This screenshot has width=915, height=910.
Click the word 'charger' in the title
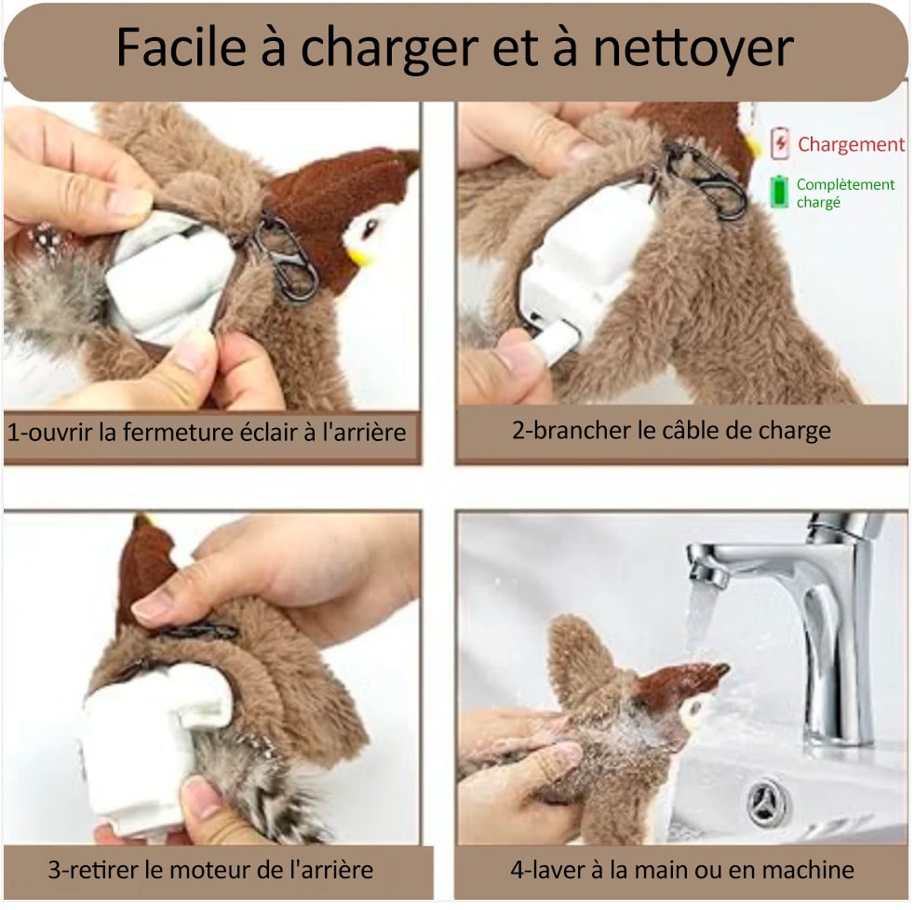point(413,49)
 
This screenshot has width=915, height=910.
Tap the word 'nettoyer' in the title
point(693,49)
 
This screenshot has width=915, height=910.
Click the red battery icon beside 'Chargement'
point(779,144)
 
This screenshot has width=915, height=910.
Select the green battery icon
point(778,193)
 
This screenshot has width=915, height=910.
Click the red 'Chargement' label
point(850,144)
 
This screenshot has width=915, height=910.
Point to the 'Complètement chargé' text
point(844,193)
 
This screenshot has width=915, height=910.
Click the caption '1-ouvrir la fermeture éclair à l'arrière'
point(207,433)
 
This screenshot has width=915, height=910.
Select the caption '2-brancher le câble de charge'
point(671,430)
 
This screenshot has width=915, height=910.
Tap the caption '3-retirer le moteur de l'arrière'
point(210,870)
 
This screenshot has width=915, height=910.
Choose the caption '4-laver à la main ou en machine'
point(681,870)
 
